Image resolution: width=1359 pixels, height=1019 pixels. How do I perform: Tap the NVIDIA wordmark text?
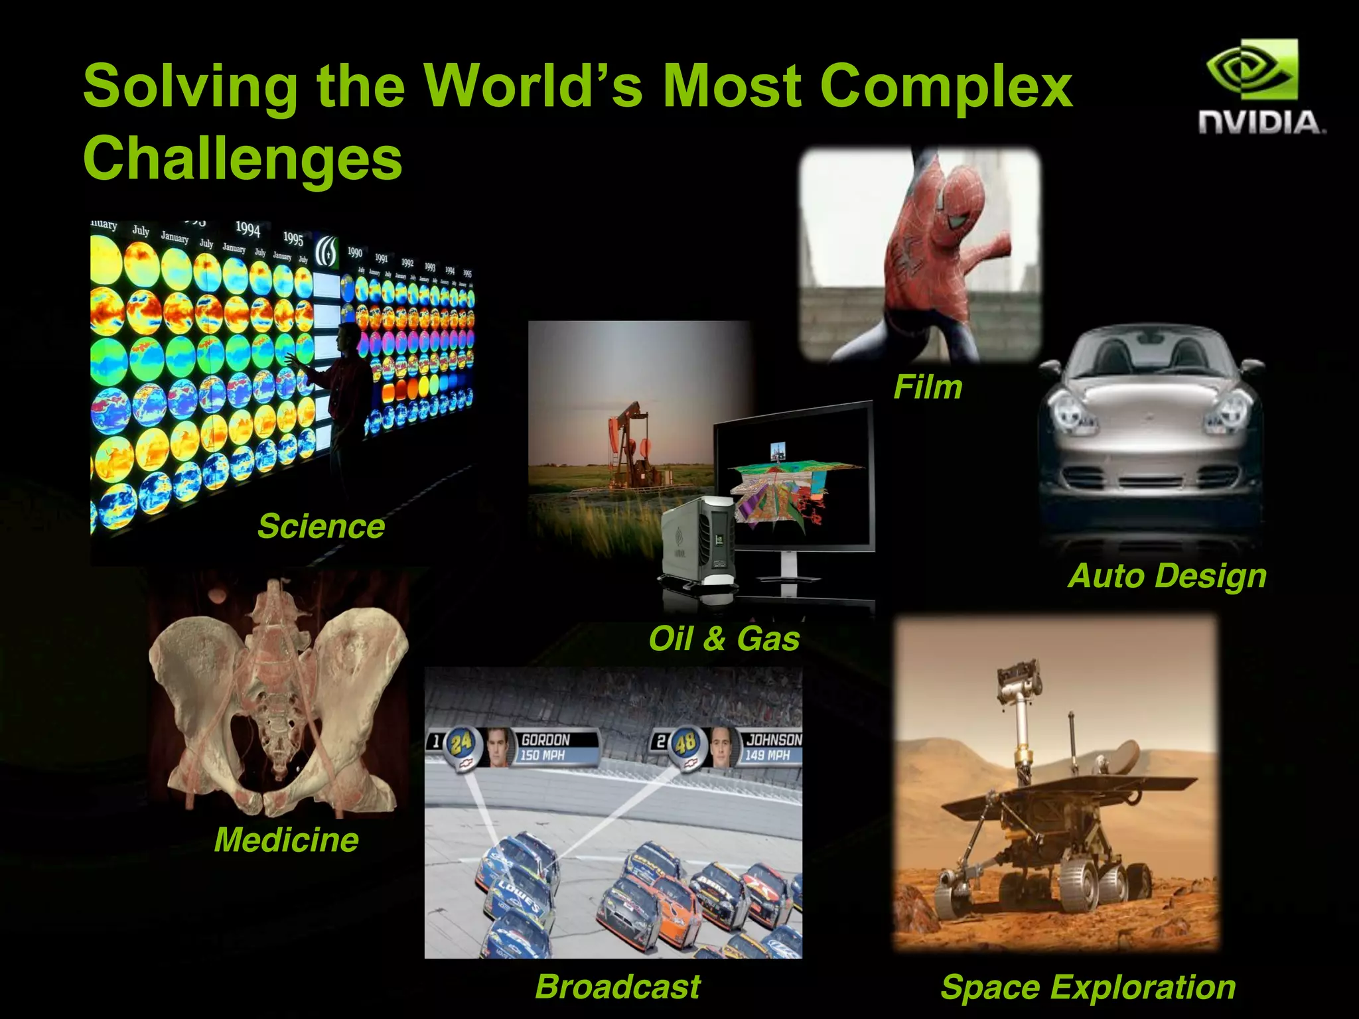(1261, 123)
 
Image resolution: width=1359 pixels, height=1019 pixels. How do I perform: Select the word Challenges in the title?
(243, 158)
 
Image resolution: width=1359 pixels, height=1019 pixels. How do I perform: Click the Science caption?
(321, 526)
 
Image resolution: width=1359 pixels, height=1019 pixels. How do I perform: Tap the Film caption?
(928, 387)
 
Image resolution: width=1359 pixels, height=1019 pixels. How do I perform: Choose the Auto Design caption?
(1167, 575)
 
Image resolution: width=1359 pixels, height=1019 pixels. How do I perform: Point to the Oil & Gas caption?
(724, 639)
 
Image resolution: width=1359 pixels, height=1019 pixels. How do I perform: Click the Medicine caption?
(286, 840)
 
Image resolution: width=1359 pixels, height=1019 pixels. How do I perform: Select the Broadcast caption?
(618, 986)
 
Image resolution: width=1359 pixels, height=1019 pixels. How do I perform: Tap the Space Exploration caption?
(1088, 986)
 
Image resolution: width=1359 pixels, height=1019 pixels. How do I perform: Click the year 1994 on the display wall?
(248, 229)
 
